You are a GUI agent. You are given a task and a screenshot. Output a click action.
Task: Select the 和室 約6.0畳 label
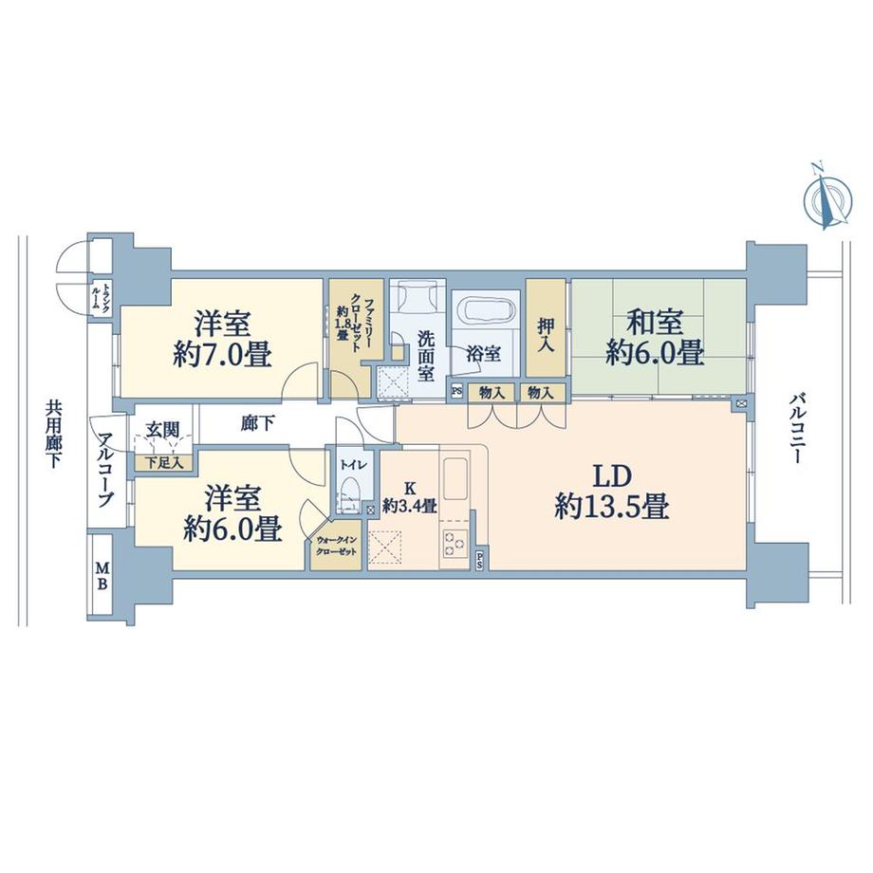pyautogui.click(x=655, y=338)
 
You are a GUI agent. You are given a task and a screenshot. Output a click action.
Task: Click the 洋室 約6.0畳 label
pyautogui.click(x=232, y=512)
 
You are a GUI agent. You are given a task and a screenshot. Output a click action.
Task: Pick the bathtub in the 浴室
pyautogui.click(x=485, y=310)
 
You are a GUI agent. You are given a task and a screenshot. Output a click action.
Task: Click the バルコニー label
pyautogui.click(x=794, y=427)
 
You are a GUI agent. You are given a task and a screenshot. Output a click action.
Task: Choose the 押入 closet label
pyautogui.click(x=546, y=334)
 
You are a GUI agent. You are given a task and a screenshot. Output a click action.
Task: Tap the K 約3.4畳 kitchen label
pyautogui.click(x=409, y=496)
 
